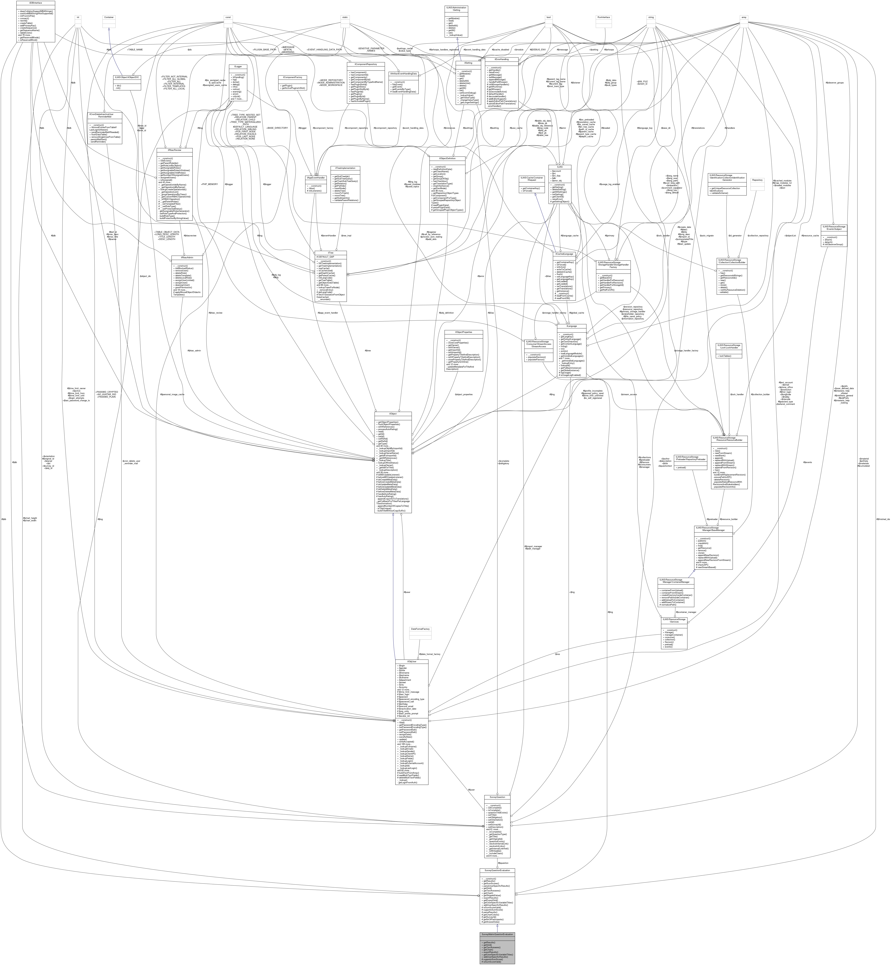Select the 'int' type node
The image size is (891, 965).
click(78, 17)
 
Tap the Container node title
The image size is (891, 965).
click(109, 17)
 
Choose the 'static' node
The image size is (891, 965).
click(345, 17)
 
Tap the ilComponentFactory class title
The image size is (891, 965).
click(292, 77)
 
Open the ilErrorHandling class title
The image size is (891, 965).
click(502, 59)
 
